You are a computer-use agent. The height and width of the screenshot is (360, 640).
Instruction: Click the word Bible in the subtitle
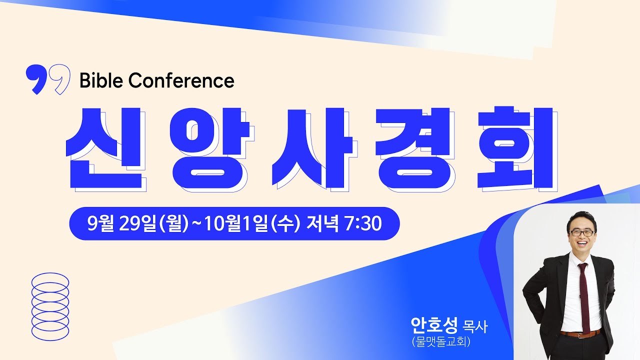[x=100, y=80]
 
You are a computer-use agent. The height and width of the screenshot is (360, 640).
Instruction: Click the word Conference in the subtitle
[x=181, y=80]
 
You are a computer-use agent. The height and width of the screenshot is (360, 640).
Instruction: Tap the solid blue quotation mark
[x=35, y=79]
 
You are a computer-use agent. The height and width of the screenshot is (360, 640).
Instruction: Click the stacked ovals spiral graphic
[x=50, y=305]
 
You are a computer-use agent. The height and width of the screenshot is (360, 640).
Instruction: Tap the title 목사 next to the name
[x=475, y=328]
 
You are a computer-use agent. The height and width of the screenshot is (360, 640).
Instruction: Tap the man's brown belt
[x=580, y=333]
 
